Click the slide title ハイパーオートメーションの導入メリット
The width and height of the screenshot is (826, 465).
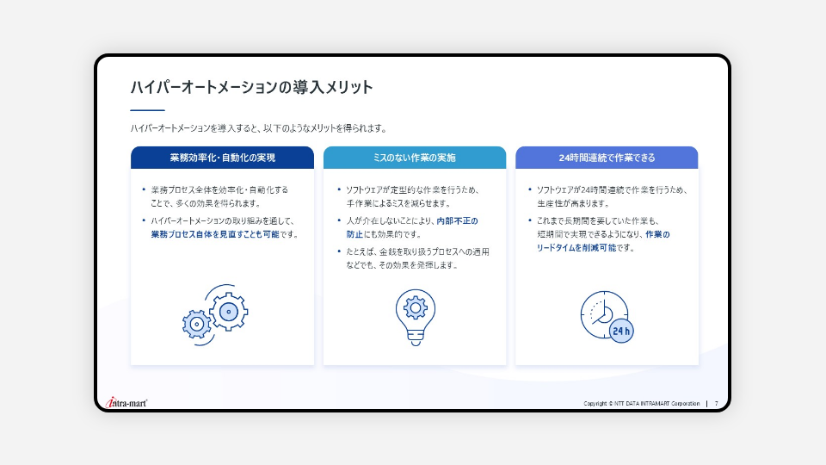click(x=252, y=87)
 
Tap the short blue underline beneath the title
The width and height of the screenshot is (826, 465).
click(x=147, y=110)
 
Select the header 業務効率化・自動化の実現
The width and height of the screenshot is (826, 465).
click(x=222, y=158)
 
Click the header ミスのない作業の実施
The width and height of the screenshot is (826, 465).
click(x=415, y=158)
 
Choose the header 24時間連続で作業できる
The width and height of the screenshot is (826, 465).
click(x=607, y=158)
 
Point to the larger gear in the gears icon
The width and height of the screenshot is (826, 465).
click(x=229, y=312)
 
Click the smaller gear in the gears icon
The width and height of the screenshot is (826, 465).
click(x=196, y=325)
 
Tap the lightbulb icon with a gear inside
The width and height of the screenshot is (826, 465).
click(x=415, y=317)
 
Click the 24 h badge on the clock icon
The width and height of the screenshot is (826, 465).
click(x=621, y=331)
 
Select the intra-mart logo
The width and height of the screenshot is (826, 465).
click(x=126, y=403)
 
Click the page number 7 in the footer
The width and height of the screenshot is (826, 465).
click(x=717, y=404)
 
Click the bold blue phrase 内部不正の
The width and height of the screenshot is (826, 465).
click(x=457, y=221)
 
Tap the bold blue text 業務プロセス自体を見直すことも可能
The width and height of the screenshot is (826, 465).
click(x=215, y=234)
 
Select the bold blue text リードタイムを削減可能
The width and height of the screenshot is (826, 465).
click(x=576, y=248)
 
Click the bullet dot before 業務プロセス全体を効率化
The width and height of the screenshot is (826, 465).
click(x=144, y=189)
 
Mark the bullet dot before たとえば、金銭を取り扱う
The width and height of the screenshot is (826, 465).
click(x=339, y=251)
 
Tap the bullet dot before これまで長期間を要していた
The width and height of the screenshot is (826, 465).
click(x=530, y=220)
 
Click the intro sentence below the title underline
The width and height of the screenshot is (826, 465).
click(x=259, y=128)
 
